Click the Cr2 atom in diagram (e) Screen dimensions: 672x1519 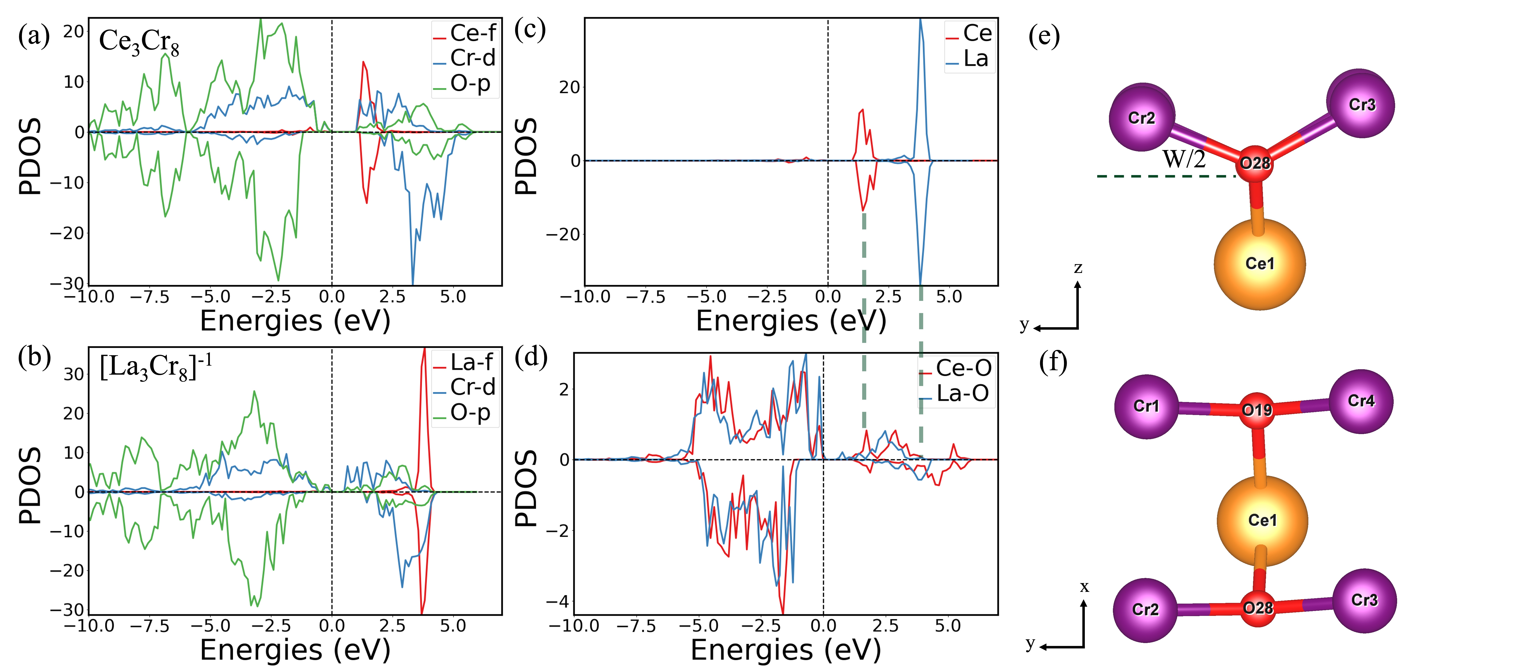[x=1142, y=117]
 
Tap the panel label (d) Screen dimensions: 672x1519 [x=531, y=357]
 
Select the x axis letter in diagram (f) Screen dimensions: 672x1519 [x=1084, y=587]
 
